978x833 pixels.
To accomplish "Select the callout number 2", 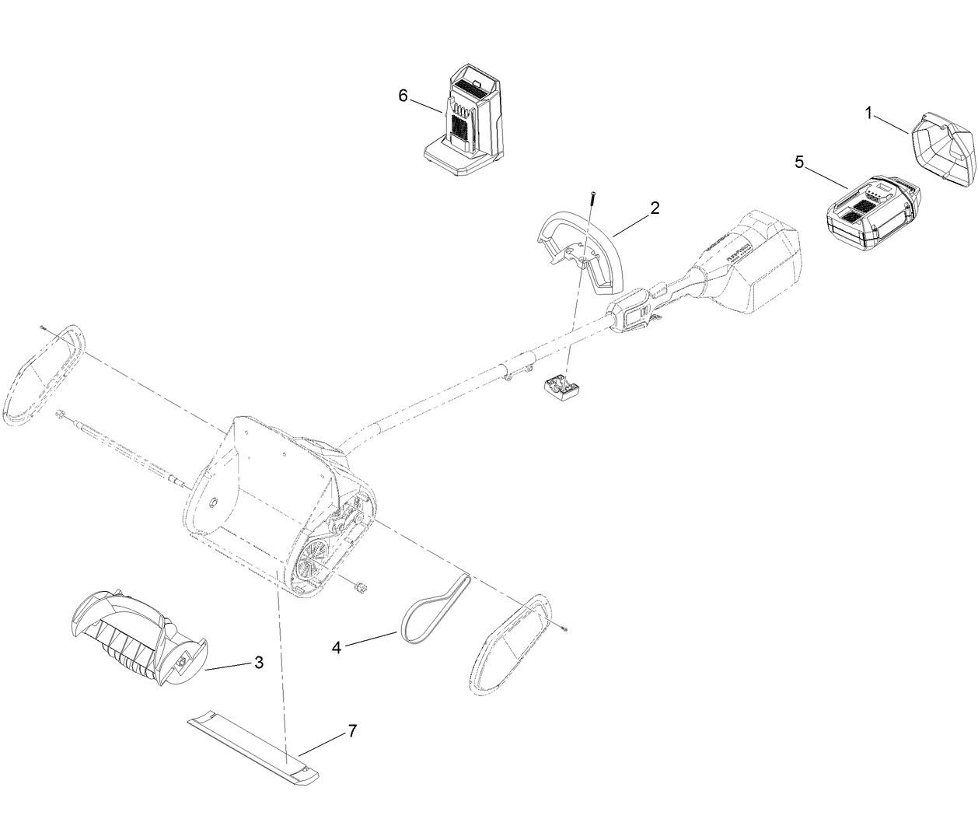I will pos(655,208).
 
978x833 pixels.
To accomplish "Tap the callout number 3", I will pos(258,663).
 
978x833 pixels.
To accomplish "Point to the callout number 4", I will pos(337,646).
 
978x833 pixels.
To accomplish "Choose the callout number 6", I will pos(403,96).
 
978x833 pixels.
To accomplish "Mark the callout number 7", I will pos(352,730).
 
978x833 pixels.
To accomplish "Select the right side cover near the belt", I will pos(509,642).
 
